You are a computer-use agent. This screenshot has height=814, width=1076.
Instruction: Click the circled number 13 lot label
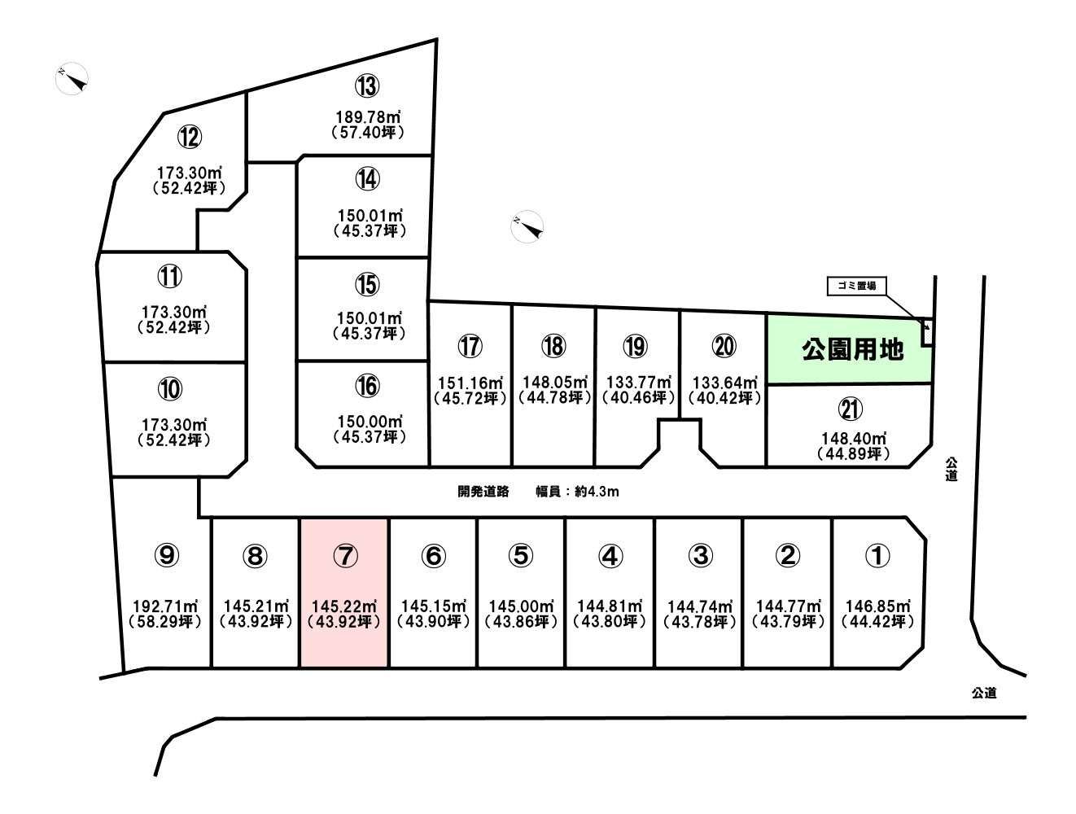367,86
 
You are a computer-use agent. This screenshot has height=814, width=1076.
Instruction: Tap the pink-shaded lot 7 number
345,556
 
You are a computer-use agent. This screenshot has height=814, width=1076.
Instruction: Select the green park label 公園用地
852,350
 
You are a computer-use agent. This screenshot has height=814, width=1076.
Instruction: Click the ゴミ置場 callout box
856,286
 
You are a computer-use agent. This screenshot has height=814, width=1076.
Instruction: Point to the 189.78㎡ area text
368,117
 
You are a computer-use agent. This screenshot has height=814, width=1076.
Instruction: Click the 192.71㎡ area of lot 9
165,606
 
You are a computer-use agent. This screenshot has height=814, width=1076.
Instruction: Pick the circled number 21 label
851,409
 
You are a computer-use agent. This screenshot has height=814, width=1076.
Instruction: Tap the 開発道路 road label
483,492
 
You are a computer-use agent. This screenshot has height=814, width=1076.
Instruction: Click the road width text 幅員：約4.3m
577,492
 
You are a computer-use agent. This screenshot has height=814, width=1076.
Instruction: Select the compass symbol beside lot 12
72,78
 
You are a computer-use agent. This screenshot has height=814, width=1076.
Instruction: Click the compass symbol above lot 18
527,226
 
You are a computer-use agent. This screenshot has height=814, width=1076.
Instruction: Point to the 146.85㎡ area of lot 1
877,606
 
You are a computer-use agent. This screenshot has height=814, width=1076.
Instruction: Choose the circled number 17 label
470,347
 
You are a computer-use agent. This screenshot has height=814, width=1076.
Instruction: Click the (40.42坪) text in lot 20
725,398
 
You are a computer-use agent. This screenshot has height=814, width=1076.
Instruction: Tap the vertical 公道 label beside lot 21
951,469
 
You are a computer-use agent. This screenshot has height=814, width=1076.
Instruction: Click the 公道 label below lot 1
984,693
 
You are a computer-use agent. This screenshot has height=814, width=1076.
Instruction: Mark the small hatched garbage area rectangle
926,333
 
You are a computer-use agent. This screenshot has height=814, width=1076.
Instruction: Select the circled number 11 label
169,277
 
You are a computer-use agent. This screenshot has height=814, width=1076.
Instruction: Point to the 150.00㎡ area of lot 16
370,422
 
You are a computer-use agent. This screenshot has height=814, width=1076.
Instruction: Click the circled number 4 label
610,556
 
